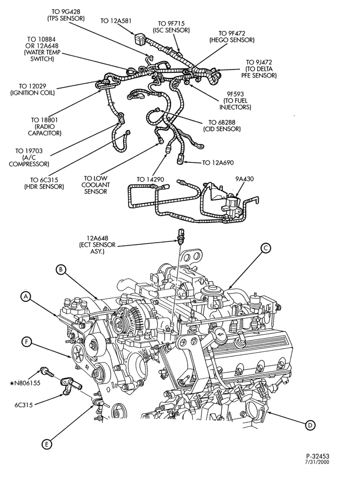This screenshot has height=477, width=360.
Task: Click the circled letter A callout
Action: coord(26,296)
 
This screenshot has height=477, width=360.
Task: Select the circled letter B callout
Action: coord(61,269)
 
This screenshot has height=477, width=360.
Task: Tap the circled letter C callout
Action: coord(265,248)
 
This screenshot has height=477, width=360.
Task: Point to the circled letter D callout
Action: coord(310,425)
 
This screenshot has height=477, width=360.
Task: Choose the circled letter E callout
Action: coord(46,444)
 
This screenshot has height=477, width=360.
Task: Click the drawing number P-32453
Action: coord(318,456)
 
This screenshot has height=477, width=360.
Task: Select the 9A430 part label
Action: coord(244,179)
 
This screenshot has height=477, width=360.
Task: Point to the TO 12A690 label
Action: coord(218,163)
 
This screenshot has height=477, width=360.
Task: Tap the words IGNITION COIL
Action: coord(33,93)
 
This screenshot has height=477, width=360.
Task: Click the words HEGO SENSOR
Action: coord(232,40)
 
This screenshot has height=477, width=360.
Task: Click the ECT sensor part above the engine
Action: coord(181,236)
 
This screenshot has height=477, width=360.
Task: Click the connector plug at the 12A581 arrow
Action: coord(138,39)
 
